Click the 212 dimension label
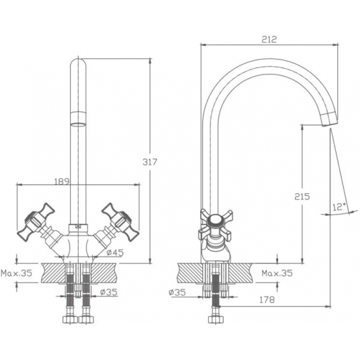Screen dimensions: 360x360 (269, 39)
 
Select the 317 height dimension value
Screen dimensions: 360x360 (150, 162)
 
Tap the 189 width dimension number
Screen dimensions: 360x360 (62, 181)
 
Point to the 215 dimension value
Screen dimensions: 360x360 (302, 196)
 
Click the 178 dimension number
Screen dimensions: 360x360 (267, 300)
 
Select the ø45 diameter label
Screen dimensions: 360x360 (115, 253)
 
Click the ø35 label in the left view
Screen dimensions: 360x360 (109, 292)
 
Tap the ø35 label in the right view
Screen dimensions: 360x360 (177, 292)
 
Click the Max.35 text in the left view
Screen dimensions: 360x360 (16, 273)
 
